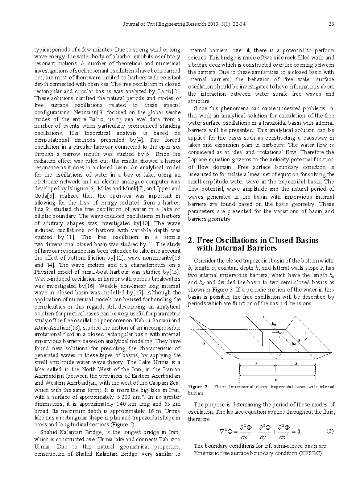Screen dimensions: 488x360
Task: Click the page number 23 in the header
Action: pyautogui.click(x=331, y=24)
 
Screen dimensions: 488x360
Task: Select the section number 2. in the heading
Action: pyautogui.click(x=191, y=240)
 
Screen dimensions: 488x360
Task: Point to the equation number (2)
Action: pyautogui.click(x=330, y=431)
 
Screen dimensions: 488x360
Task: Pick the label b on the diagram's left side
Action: pyautogui.click(x=203, y=343)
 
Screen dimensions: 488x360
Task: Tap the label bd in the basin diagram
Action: pyautogui.click(x=293, y=343)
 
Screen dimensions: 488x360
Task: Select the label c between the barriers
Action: pyautogui.click(x=279, y=337)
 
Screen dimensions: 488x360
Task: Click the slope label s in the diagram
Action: pyautogui.click(x=299, y=340)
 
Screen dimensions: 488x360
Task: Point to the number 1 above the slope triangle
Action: pyautogui.click(x=306, y=333)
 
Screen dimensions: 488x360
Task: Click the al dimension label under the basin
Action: pyautogui.click(x=257, y=363)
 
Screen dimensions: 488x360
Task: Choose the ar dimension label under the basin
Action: pyautogui.click(x=296, y=363)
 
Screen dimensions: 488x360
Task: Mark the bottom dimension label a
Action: pyautogui.click(x=276, y=380)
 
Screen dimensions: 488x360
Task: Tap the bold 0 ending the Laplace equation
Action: pyautogui.click(x=299, y=431)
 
